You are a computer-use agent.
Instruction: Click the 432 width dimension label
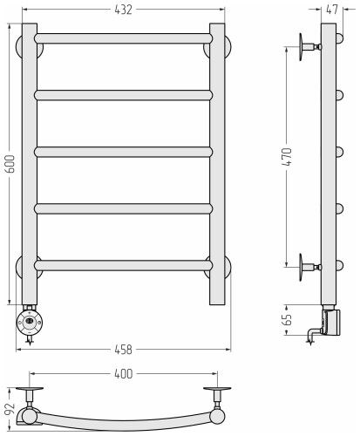coord(123,10)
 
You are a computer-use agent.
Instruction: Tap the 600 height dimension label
coord(10,164)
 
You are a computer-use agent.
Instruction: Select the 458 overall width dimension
coord(123,350)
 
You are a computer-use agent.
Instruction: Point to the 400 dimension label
coord(123,374)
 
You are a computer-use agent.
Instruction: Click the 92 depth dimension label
coord(10,410)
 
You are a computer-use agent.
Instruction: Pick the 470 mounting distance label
coord(287,157)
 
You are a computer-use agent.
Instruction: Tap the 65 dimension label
coord(287,320)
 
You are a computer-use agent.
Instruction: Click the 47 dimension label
coord(332,10)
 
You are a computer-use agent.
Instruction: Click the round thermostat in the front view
coord(30,322)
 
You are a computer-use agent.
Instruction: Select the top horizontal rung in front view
coord(124,38)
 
